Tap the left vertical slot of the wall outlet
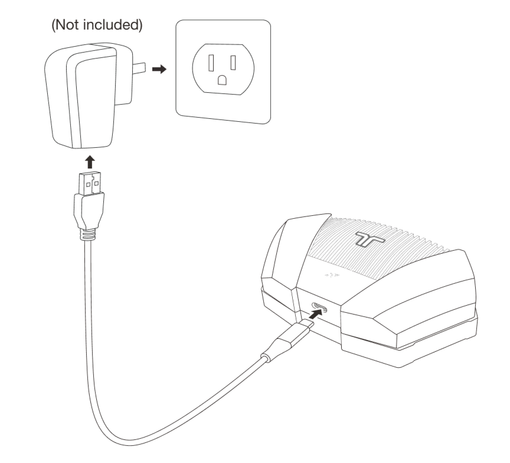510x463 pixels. pos(211,63)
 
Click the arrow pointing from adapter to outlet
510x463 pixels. pos(159,69)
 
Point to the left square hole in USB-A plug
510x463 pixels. pos(88,184)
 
